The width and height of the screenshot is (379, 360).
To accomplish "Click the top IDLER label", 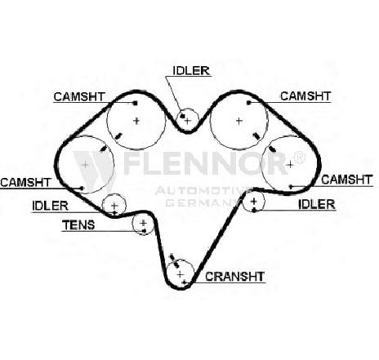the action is [x=191, y=71].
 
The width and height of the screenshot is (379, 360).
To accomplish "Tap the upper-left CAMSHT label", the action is [x=79, y=96].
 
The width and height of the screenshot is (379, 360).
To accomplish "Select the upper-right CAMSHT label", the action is [x=305, y=96].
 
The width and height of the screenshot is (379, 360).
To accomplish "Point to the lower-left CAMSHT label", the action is [x=25, y=182].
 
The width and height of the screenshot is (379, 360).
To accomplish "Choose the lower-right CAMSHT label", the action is [x=346, y=180].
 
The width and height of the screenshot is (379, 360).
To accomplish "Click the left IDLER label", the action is [x=50, y=206].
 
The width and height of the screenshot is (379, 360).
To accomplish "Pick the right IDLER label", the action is [x=317, y=204].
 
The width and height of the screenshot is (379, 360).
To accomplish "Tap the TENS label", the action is [x=78, y=225].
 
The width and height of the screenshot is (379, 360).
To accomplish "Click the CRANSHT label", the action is [x=234, y=277].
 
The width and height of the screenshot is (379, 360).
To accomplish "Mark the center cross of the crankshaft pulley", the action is [x=181, y=274].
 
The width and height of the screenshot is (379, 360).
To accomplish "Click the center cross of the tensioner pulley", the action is [x=143, y=223].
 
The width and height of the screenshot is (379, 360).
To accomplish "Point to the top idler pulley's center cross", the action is [x=188, y=121].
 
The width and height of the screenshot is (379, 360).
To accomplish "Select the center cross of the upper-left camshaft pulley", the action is [x=136, y=121].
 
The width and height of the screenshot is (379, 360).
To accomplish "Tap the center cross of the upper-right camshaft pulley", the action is [x=239, y=121].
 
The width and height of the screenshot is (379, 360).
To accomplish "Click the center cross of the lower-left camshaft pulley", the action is [x=86, y=165].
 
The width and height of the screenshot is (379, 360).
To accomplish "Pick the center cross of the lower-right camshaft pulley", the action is [x=290, y=165].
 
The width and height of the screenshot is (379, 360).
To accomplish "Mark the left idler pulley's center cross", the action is [x=114, y=206].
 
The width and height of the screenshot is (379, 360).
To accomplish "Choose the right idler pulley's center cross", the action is [x=254, y=202].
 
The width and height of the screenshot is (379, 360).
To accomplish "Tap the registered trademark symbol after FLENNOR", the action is [x=299, y=158].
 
